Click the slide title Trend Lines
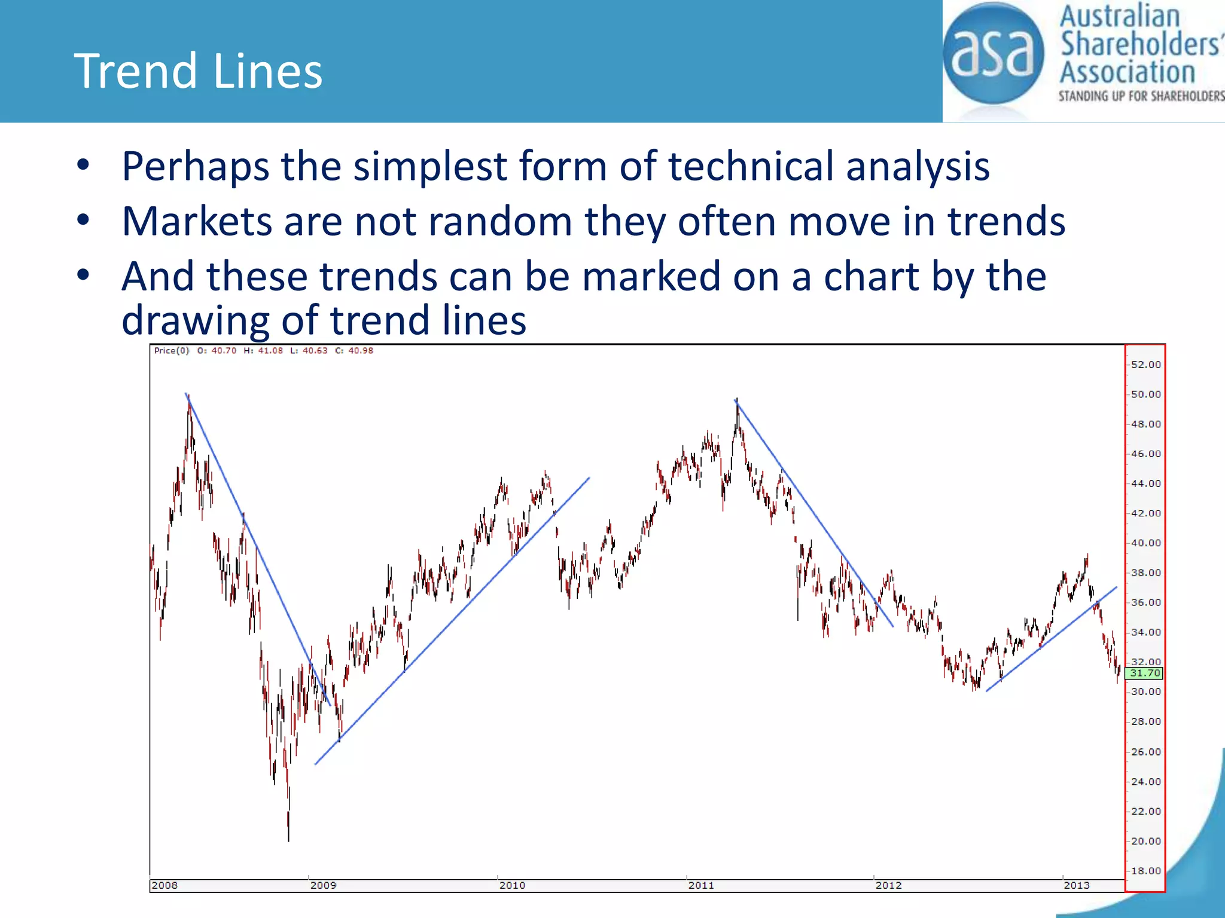click(198, 71)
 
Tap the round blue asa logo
click(993, 54)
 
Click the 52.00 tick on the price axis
click(1145, 365)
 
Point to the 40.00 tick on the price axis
click(1145, 543)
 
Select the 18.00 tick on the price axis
click(1145, 871)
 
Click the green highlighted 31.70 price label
click(1144, 674)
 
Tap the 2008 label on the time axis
click(164, 885)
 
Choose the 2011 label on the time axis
click(701, 885)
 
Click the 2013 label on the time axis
click(1076, 885)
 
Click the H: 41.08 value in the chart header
click(263, 351)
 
